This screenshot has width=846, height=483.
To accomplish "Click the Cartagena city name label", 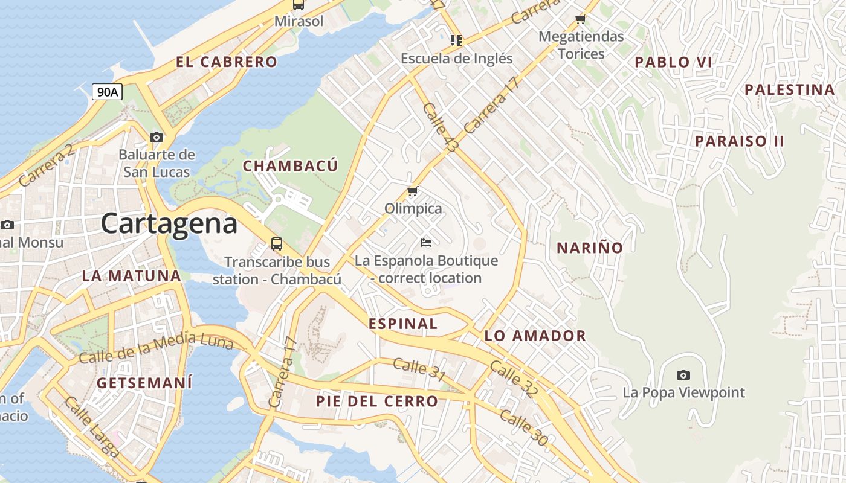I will pos(169,223).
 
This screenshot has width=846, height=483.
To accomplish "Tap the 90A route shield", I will pos(108,92).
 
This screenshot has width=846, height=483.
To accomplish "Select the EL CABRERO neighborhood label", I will pos(227,62).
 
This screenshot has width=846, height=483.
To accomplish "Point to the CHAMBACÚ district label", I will pos(290,166).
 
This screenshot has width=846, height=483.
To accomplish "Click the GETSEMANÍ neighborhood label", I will pos(144,383).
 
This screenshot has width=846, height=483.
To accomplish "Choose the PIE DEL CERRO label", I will pos(377,401).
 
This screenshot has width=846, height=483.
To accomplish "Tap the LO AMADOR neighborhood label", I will pos(535,336).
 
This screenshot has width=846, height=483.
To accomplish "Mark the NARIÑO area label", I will pos(589,248).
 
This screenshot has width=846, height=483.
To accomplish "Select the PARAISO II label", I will pos(739,141).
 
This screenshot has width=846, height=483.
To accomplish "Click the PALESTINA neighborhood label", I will pos(789,90).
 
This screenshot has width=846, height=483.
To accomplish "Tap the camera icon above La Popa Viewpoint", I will pos(683,375).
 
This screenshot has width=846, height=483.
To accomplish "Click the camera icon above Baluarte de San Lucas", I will pos(157,137).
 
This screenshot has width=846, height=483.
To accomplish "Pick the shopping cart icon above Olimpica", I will pos(413,191).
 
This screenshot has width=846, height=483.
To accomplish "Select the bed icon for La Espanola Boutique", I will pos(426,243).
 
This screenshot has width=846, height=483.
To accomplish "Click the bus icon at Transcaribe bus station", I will pos(277,244).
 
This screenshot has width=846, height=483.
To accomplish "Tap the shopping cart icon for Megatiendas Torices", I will pos(581,19).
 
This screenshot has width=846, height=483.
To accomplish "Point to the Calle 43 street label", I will pos(441,127).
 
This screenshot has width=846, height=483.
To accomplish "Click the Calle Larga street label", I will pos(92,426).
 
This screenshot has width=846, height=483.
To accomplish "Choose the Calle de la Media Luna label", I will pos(156,348).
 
